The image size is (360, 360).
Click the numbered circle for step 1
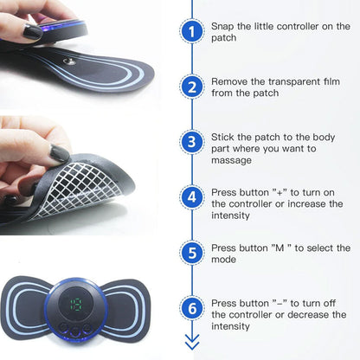coord(192,31)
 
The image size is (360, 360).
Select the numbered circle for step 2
coord(192,87)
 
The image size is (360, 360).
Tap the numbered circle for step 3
coord(192,142)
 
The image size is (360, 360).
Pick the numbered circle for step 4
coord(192,197)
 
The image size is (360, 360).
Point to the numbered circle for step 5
coord(192,253)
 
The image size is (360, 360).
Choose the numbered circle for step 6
coord(192,308)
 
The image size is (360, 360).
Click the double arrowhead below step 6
coord(192,342)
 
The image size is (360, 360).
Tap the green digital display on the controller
coord(76,305)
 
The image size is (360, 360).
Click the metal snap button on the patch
coord(69,61)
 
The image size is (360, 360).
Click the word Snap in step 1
coord(222,27)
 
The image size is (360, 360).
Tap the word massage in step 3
coord(231,160)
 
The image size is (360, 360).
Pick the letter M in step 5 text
coord(280,247)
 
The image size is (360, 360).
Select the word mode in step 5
coord(223,260)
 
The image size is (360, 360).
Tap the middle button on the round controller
coord(75,331)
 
